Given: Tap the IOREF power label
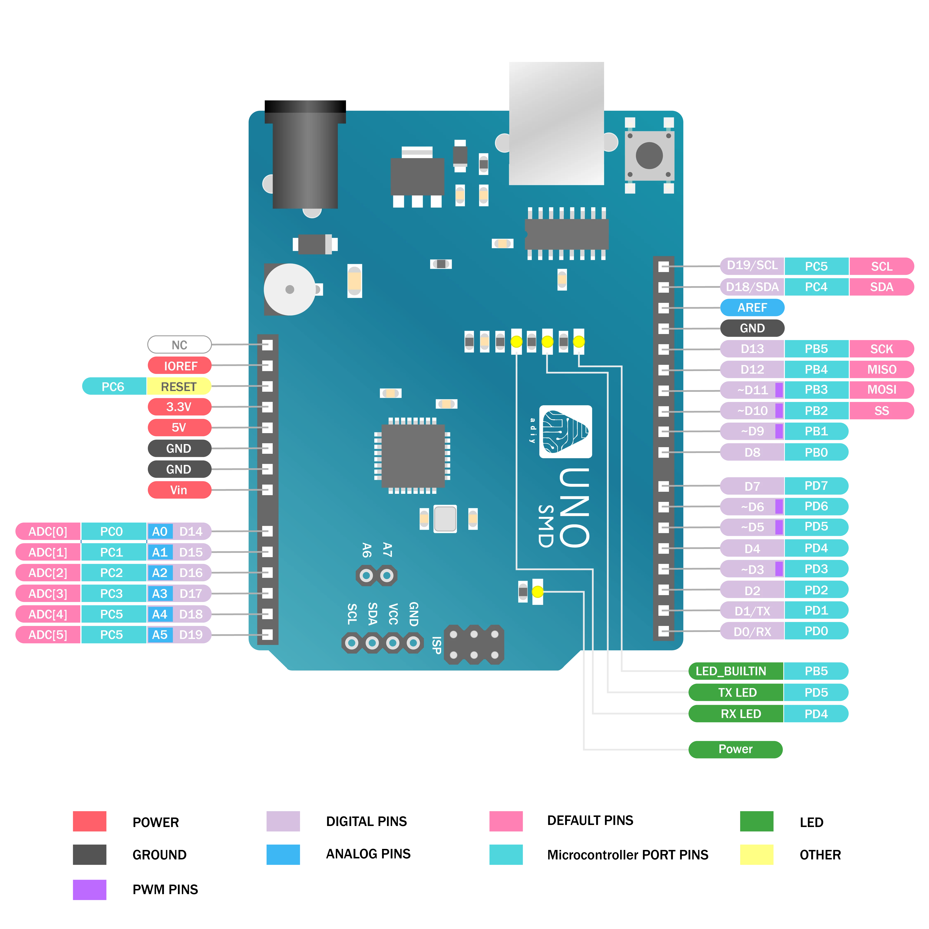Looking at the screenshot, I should [180, 366].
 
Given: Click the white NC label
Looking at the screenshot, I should [179, 345].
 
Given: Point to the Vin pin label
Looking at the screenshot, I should [179, 490].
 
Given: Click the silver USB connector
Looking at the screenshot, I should [556, 123].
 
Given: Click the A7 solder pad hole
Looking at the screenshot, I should [387, 575].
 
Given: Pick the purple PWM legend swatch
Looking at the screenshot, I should [90, 889].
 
